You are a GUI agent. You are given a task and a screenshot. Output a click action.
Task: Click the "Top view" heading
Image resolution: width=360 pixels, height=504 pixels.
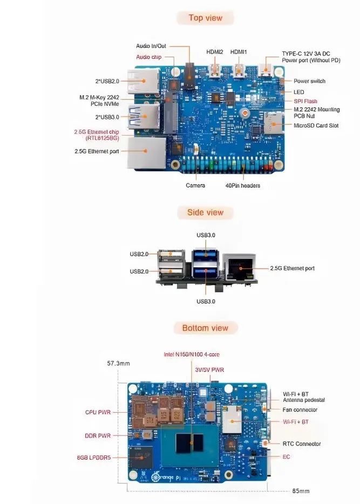(205, 18)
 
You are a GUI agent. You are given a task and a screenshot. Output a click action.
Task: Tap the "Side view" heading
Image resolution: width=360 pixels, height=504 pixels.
(205, 212)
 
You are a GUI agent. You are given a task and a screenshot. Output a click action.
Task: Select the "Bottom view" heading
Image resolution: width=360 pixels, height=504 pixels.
(205, 328)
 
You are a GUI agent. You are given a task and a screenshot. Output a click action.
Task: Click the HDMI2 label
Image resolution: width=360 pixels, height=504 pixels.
(215, 52)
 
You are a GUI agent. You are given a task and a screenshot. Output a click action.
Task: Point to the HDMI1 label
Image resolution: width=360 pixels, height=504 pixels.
(239, 52)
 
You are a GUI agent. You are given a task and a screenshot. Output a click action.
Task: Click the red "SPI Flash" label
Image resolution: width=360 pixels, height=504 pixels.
(305, 101)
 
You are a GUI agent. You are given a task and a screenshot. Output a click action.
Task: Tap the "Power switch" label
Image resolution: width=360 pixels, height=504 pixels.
(309, 81)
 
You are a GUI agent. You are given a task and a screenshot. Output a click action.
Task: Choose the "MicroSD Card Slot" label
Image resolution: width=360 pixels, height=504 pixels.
(316, 125)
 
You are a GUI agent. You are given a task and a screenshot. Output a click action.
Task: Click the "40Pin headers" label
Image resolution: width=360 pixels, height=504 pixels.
(243, 185)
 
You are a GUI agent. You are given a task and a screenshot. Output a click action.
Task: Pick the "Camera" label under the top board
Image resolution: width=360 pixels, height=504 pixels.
(195, 185)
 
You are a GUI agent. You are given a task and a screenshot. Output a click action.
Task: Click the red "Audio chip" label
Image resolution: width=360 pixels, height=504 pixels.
(148, 57)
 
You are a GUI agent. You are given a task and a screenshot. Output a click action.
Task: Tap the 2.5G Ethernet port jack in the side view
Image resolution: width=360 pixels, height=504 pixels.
(238, 266)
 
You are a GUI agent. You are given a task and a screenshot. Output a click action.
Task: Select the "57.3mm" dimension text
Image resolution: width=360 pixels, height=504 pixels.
(118, 364)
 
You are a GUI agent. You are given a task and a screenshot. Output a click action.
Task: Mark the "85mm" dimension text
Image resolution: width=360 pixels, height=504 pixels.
(301, 491)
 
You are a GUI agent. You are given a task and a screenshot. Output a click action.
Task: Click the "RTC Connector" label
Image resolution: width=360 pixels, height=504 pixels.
(302, 443)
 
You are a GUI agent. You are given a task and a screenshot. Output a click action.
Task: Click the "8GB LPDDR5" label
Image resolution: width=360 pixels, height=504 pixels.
(94, 457)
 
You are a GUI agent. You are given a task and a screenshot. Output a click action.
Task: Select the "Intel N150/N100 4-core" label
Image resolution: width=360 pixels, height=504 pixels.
(192, 354)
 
